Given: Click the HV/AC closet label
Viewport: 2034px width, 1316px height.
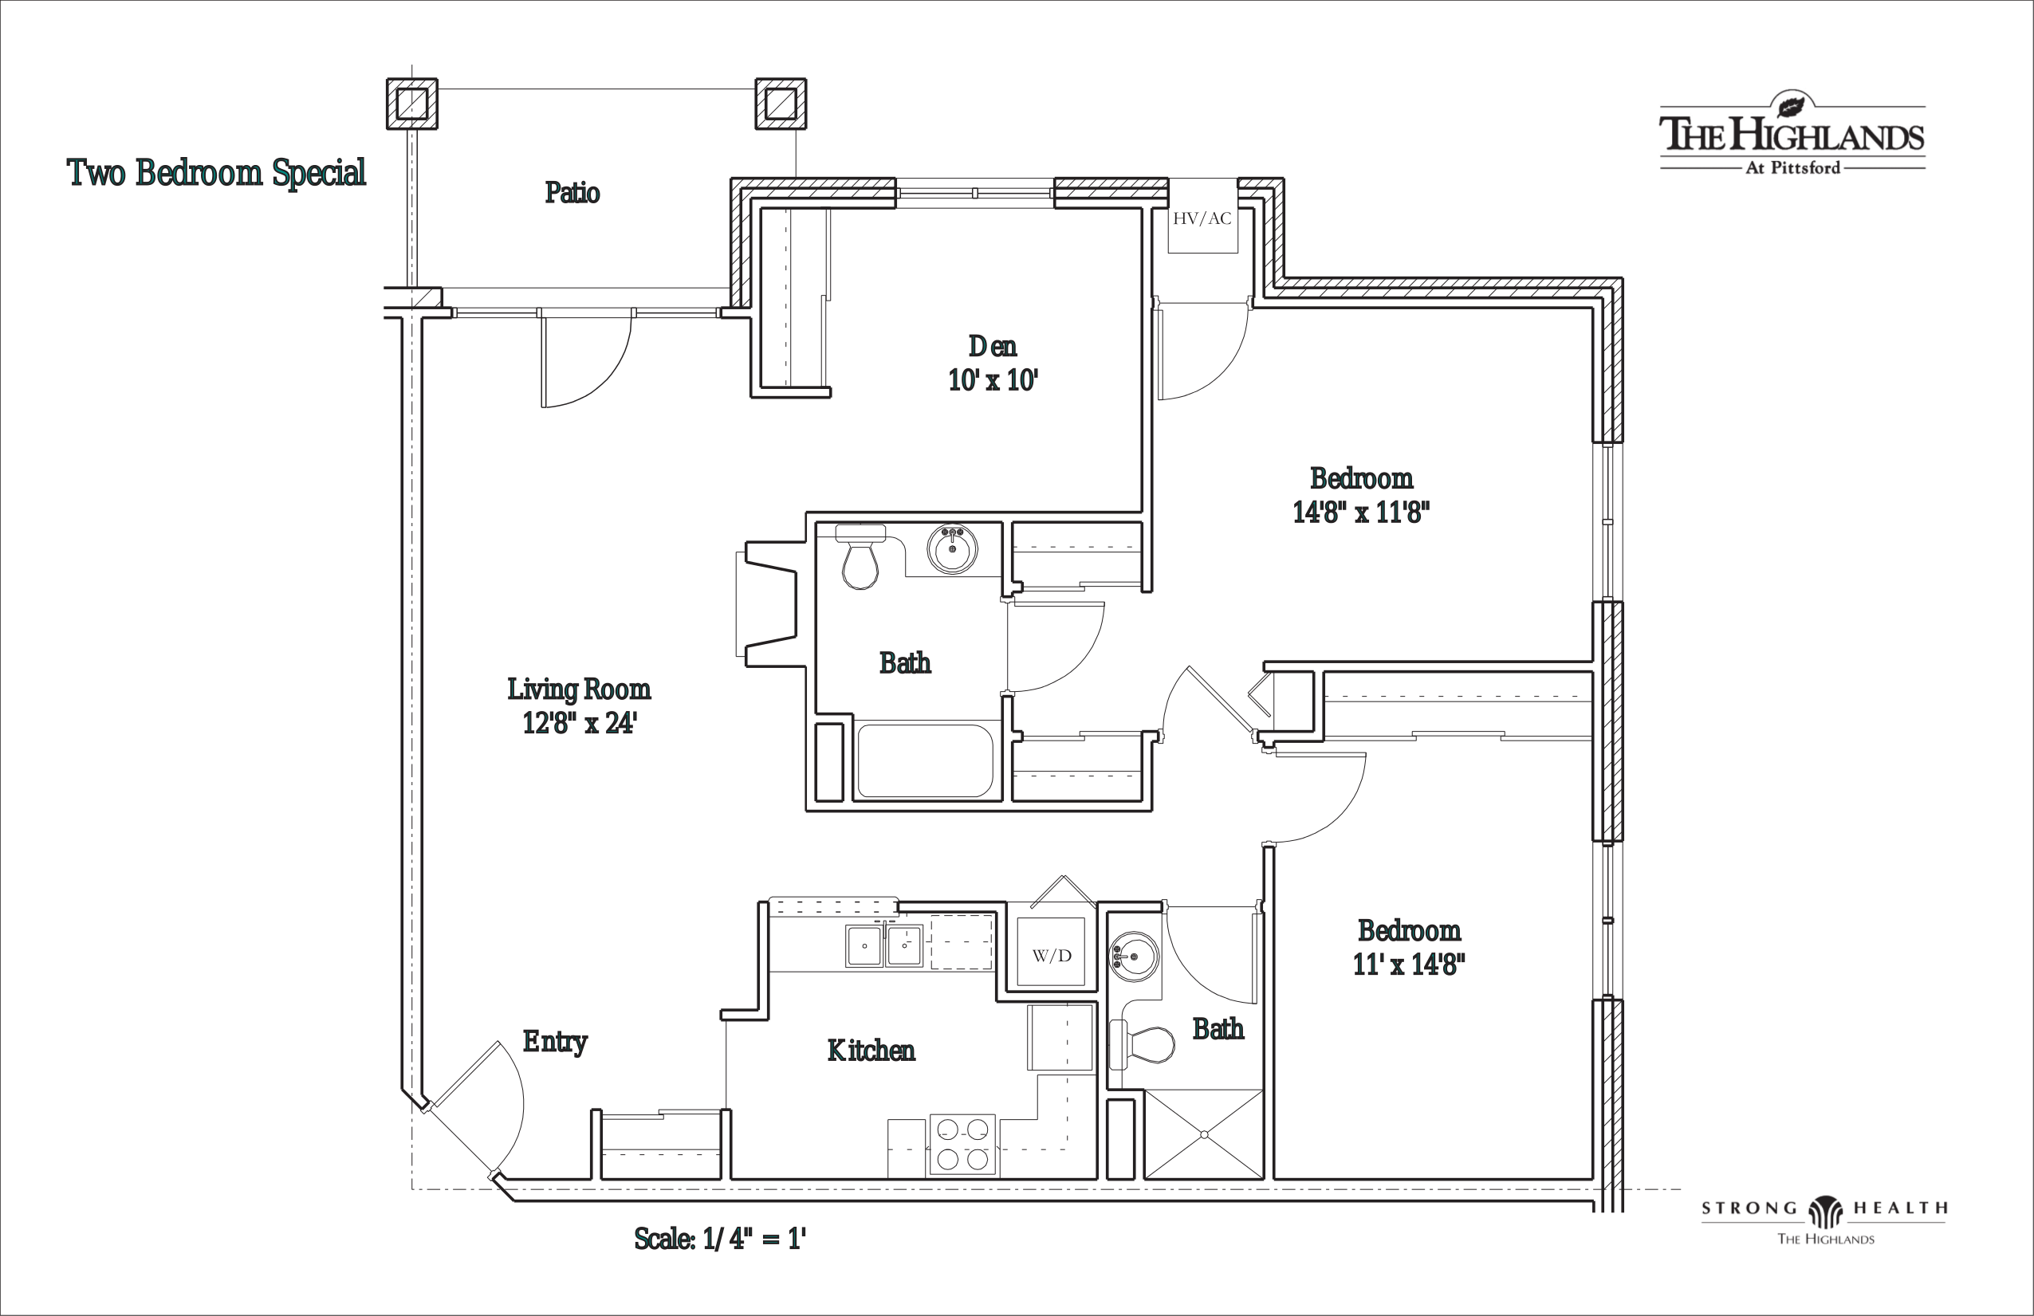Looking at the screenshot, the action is tap(1202, 218).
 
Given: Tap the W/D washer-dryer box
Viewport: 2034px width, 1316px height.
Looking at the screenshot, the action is tap(1051, 952).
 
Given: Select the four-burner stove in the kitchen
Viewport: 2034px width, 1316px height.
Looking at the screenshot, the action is tap(962, 1145).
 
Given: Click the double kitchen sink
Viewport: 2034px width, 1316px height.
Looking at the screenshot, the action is tap(883, 945).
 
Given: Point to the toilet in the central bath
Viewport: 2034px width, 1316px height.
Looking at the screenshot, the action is tap(860, 556).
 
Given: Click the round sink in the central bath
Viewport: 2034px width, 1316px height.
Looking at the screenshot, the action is tap(952, 548).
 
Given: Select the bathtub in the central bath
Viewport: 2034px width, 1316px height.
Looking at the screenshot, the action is tap(925, 761).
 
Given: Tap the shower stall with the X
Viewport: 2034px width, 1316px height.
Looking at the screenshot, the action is tap(1203, 1135).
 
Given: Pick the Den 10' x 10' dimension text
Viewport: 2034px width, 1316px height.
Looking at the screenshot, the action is tap(993, 379).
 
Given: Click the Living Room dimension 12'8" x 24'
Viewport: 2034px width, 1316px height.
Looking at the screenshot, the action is tap(580, 723).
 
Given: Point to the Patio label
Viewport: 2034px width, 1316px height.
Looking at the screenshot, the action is tap(572, 192).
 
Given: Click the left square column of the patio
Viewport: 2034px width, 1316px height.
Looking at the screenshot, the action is tap(412, 104).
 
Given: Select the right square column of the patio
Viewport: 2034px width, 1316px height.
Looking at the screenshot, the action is tap(781, 104).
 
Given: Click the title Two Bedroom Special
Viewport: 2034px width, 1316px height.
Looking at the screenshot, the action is tap(216, 173).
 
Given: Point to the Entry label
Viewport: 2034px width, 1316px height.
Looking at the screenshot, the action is tap(555, 1042).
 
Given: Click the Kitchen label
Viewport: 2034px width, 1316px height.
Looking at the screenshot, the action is tap(871, 1051).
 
